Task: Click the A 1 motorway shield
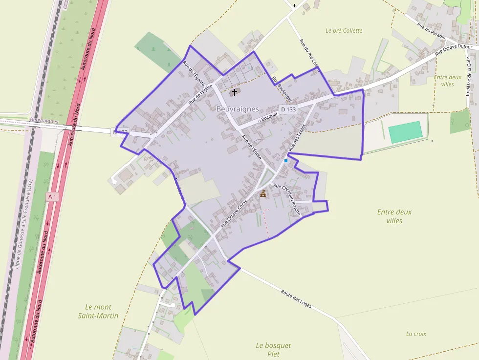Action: click(53, 196)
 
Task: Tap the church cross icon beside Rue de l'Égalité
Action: click(234, 92)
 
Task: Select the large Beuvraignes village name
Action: click(238, 109)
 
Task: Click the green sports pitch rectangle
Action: click(405, 132)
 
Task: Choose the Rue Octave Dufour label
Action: click(454, 49)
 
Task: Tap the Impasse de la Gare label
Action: click(469, 78)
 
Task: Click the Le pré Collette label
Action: click(344, 30)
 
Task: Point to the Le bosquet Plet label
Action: click(273, 350)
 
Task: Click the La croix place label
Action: click(416, 334)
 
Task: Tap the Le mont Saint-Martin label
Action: click(98, 311)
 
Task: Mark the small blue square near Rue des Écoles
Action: click(286, 160)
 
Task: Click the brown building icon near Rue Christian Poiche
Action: click(263, 194)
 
